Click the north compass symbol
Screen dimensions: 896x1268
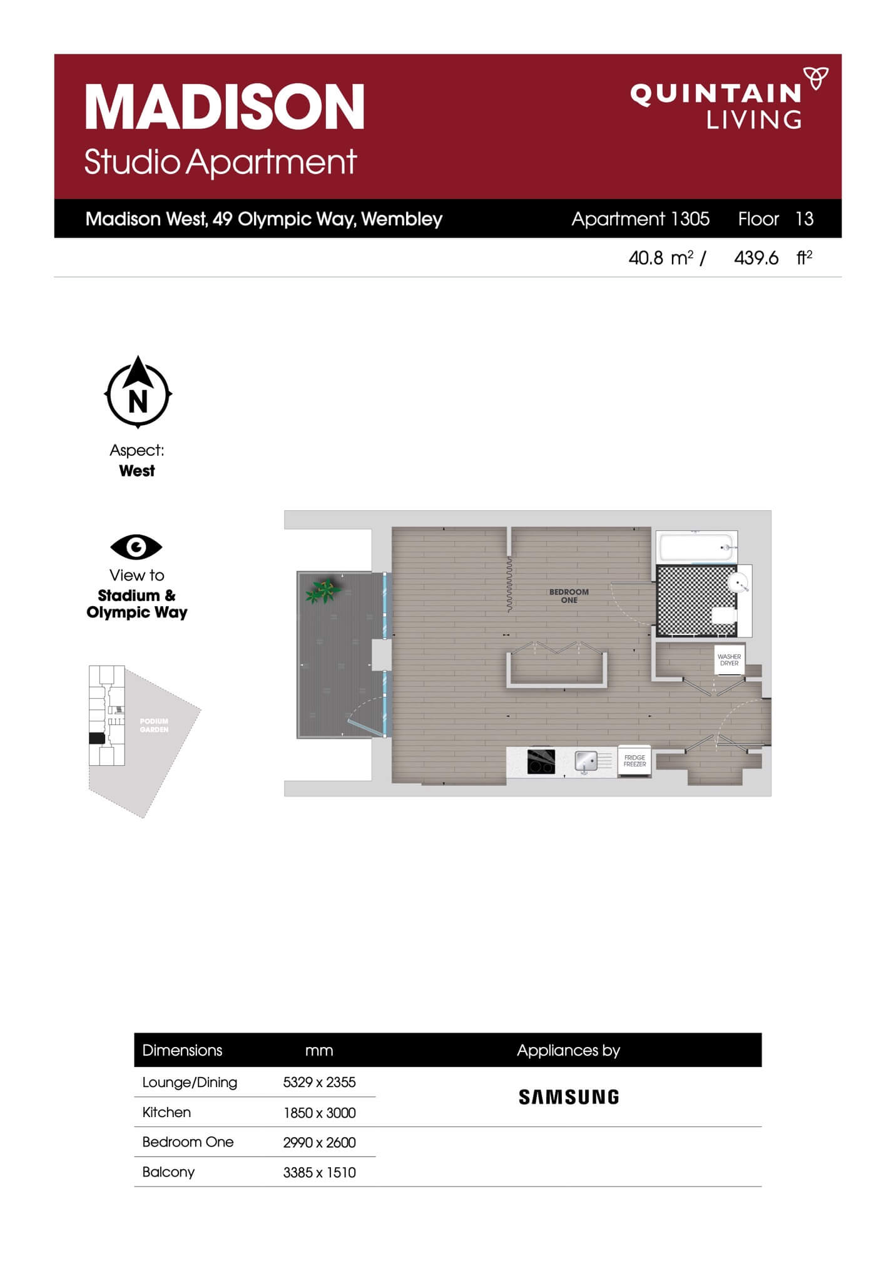[x=138, y=393]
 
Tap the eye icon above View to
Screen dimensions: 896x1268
[x=136, y=547]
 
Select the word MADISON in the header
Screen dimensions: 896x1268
[x=225, y=107]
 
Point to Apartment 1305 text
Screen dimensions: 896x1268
[x=640, y=219]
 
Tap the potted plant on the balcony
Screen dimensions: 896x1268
[x=323, y=590]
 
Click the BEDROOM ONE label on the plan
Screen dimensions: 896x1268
[x=569, y=595]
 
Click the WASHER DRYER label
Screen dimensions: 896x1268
[x=729, y=659]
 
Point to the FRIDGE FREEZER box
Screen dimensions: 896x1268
[x=634, y=761]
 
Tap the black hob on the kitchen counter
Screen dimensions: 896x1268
[x=541, y=761]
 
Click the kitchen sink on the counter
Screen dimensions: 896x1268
[x=586, y=761]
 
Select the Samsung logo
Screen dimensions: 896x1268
[x=569, y=1096]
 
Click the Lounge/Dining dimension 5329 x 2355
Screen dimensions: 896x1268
[x=319, y=1082]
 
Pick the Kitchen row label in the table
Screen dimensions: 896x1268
[x=166, y=1112]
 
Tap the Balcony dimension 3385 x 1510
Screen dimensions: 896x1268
[x=319, y=1172]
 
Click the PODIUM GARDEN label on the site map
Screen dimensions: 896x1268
[x=154, y=725]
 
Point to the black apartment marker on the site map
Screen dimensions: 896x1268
[x=97, y=738]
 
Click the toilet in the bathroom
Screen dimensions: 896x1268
[x=724, y=616]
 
